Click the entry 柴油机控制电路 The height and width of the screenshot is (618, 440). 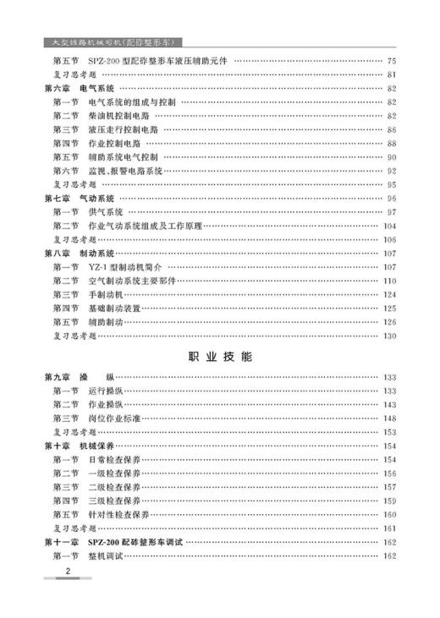[119, 115]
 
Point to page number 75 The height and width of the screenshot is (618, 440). [391, 61]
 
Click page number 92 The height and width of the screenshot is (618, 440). [391, 170]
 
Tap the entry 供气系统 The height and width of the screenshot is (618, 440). [106, 211]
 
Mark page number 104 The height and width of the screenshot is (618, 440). [389, 226]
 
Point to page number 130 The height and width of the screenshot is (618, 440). [389, 336]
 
